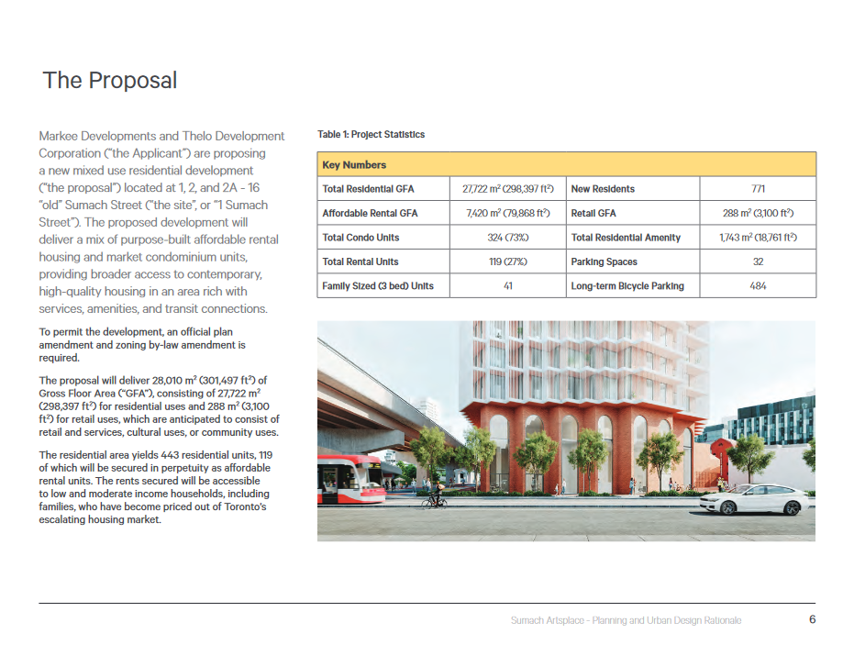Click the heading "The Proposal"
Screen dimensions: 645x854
point(110,81)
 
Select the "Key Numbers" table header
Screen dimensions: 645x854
point(354,165)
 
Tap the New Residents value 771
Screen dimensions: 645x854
point(758,189)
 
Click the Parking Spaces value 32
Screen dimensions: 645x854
point(758,261)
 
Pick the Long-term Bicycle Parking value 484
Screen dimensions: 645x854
point(758,285)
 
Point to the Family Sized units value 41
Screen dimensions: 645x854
point(507,285)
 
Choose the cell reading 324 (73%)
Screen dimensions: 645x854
point(507,238)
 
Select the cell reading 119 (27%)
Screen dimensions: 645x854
point(507,261)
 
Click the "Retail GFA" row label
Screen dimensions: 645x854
point(593,213)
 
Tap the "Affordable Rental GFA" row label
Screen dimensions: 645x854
point(370,213)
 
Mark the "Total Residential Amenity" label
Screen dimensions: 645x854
point(626,238)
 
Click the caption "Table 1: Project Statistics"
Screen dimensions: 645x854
point(371,135)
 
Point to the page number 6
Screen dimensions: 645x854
point(812,619)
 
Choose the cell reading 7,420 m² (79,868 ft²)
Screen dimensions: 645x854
point(507,213)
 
